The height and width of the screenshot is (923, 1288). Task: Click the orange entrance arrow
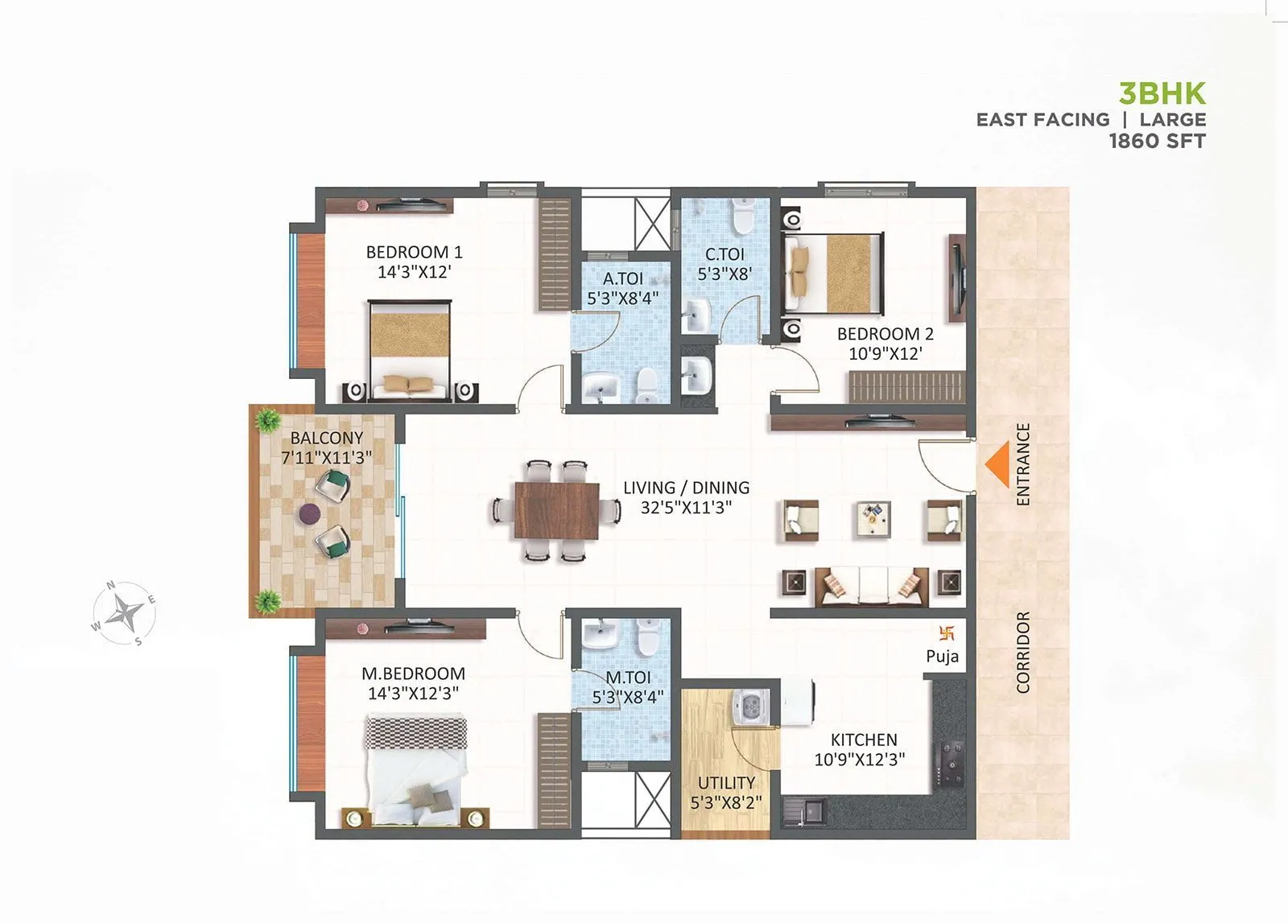click(999, 466)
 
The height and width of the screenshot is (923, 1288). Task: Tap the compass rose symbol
click(124, 613)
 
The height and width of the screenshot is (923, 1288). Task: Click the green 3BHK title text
click(1162, 93)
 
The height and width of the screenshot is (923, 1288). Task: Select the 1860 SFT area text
click(1157, 141)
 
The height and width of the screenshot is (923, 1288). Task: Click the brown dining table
click(556, 510)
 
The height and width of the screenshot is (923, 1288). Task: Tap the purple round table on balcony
click(310, 513)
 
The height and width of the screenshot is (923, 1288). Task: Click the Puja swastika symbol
click(946, 633)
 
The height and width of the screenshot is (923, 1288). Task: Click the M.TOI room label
click(629, 678)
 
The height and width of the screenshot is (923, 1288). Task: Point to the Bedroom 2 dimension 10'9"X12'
click(885, 353)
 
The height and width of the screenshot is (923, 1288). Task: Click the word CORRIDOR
click(1023, 652)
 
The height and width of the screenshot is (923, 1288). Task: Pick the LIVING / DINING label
click(686, 488)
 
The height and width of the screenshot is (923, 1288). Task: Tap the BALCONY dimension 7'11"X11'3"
click(326, 458)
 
